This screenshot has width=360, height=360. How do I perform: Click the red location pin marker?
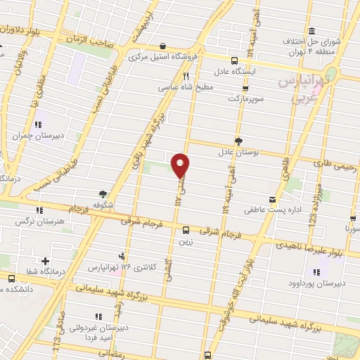coord(181,165)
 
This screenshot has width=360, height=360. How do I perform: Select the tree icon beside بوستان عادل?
coord(239,141)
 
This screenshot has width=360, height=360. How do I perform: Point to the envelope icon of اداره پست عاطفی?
coord(271,199)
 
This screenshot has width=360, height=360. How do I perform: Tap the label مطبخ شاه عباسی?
coord(200,88)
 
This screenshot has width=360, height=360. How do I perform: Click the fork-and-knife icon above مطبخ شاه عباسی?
coord(186,76)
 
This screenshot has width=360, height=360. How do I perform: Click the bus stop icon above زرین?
coord(186,229)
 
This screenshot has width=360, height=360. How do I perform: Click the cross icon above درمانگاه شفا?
coord(46,261)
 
